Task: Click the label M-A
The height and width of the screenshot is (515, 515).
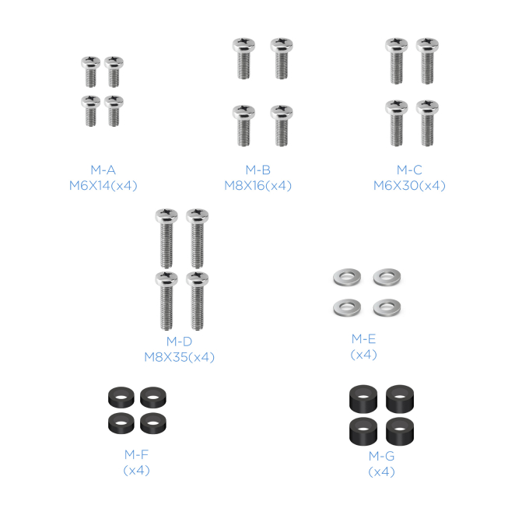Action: (103, 170)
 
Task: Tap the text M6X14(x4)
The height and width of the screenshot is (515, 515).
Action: (103, 186)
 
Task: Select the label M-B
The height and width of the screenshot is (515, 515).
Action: (258, 170)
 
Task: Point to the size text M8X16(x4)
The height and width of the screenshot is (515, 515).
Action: (257, 186)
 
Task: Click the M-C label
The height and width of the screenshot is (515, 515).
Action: (409, 170)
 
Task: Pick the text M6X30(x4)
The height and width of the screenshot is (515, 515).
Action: (409, 186)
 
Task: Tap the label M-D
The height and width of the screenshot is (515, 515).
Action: (180, 342)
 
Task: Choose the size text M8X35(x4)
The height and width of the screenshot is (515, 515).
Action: (180, 357)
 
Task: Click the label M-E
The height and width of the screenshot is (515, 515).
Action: (363, 338)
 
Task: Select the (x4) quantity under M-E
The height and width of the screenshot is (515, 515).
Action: (363, 355)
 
